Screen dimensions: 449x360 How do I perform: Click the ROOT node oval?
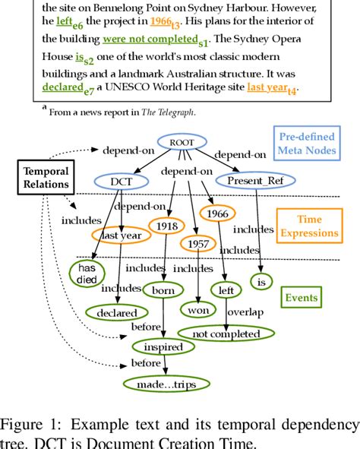[x=184, y=141]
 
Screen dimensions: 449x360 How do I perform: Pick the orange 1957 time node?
[x=197, y=244]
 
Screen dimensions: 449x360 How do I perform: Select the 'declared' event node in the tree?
[x=116, y=312]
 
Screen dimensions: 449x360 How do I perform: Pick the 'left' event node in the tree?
[x=226, y=289]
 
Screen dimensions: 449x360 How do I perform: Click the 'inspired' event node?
[x=163, y=347]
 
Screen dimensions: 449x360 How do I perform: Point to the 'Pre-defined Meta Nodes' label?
[x=311, y=144]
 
